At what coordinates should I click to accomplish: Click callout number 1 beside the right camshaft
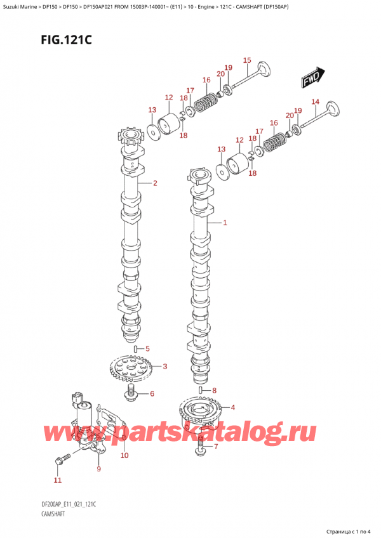point(225,223)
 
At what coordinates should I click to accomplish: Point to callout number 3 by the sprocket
point(147,349)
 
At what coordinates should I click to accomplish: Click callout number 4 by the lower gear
point(152,393)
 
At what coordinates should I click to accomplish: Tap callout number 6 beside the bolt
point(215,390)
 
